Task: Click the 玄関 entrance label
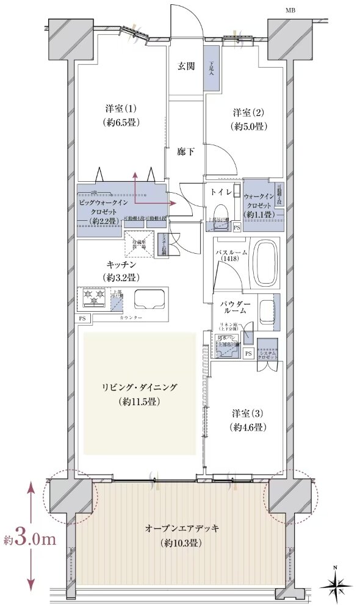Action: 186,67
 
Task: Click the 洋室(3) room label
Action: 248,420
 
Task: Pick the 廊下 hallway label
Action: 186,152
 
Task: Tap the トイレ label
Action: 221,192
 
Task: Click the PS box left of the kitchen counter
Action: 82,318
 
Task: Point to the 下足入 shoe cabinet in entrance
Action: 212,68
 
